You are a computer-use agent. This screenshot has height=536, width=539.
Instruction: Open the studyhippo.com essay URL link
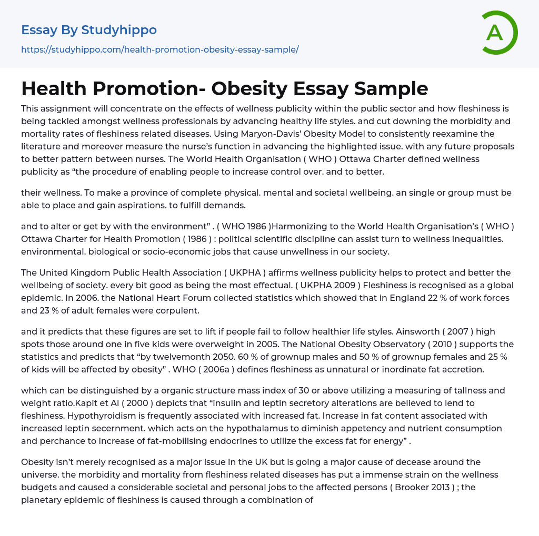point(160,50)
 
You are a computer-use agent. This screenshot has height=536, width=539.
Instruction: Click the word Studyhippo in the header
point(119,30)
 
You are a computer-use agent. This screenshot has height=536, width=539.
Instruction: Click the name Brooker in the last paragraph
point(399,487)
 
